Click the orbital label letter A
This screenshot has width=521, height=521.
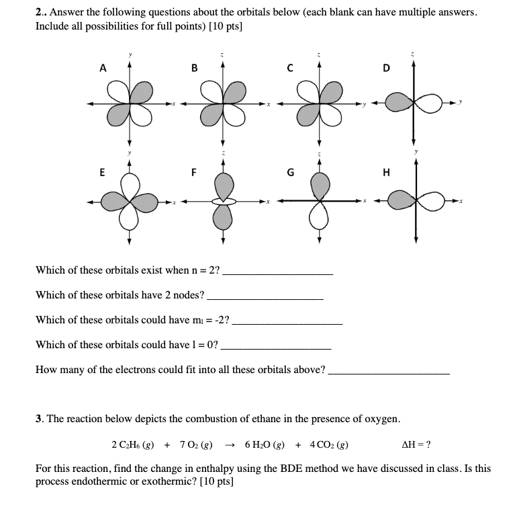coord(103,67)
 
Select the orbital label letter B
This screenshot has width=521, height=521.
coord(194,67)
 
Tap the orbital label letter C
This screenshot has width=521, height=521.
coord(289,67)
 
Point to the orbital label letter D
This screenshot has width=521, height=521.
coord(385,67)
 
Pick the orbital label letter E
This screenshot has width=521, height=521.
coord(102,171)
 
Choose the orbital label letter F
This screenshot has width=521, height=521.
coord(194,171)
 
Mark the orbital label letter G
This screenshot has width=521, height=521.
coord(289,171)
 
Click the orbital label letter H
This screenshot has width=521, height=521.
coord(385,171)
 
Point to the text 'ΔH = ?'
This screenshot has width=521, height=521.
coord(416,445)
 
